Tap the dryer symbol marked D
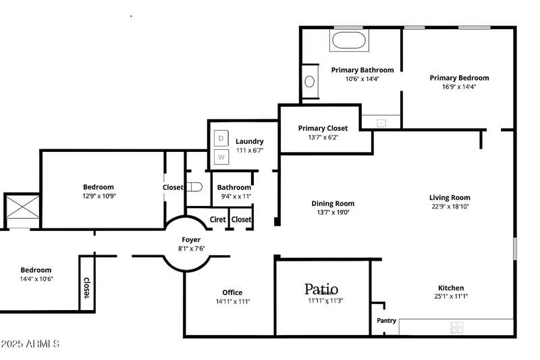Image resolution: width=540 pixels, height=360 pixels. click(221, 138)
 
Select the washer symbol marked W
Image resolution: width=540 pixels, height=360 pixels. click(221, 157)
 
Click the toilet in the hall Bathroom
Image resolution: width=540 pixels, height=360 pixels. click(194, 187)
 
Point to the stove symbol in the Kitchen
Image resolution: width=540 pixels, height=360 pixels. click(457, 328)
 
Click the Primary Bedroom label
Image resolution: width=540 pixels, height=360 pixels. click(459, 78)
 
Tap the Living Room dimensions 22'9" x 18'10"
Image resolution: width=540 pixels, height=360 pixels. click(450, 207)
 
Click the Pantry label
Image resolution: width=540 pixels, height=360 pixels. click(386, 320)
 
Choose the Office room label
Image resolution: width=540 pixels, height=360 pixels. click(232, 292)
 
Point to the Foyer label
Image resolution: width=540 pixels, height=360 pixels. click(191, 240)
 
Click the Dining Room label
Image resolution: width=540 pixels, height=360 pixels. click(333, 203)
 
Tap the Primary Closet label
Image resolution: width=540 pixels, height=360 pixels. click(323, 128)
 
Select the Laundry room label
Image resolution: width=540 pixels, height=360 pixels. click(249, 141)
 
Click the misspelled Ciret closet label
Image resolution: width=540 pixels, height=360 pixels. click(217, 220)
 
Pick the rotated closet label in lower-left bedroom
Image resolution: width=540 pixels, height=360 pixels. click(86, 288)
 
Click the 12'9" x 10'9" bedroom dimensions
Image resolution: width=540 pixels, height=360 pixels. click(99, 196)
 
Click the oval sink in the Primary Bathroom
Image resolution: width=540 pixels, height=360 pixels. click(310, 82)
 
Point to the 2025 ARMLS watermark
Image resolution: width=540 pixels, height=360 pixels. click(30, 344)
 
